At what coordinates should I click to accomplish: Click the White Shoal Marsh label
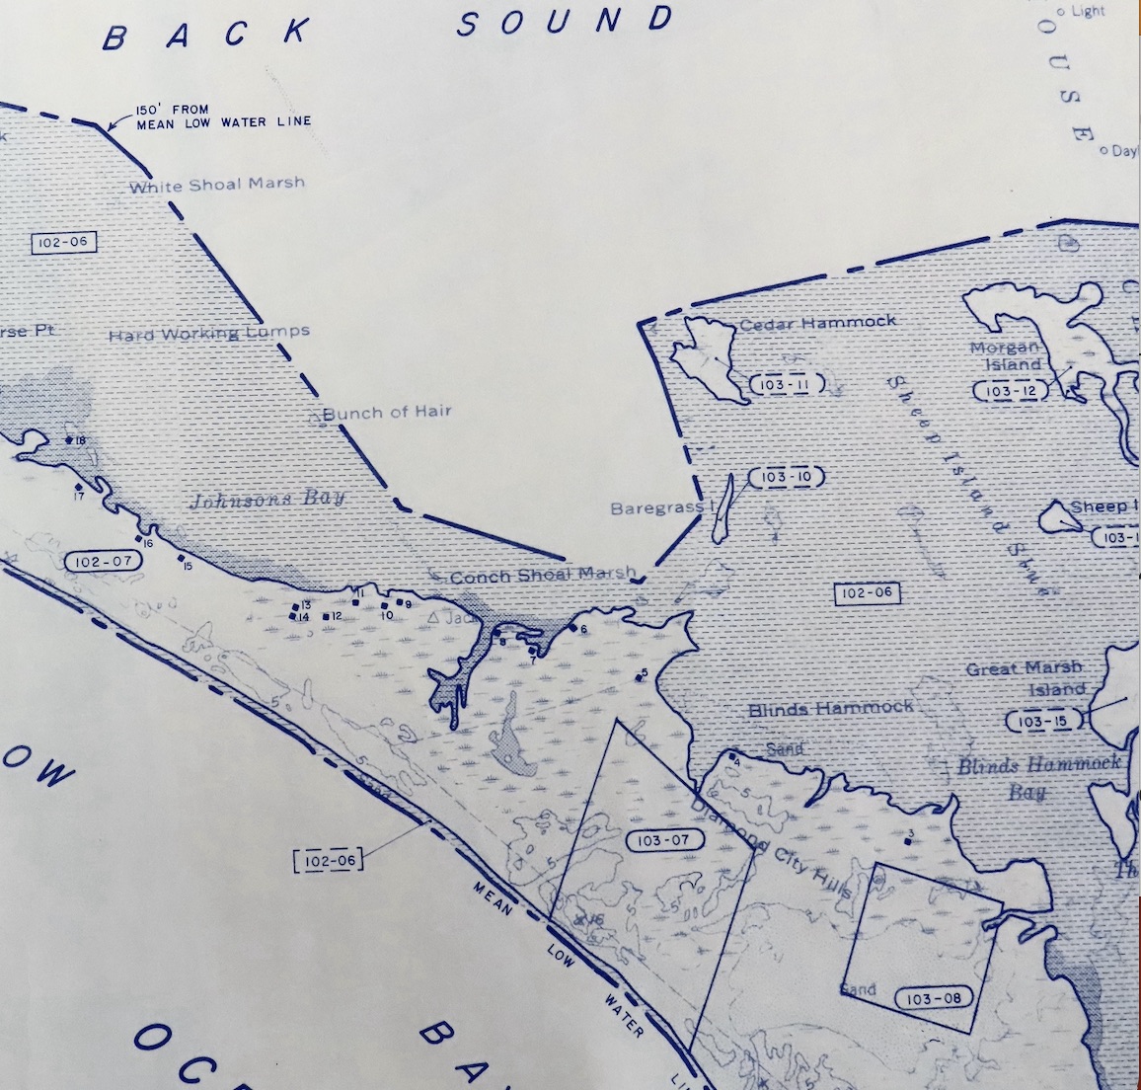pos(217,184)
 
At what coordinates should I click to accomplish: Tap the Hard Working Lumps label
pos(209,334)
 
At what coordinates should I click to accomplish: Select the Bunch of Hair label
pos(387,412)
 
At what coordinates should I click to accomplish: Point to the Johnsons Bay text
pos(266,499)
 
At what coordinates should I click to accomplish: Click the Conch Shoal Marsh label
pos(542,576)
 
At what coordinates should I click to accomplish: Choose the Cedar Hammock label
pos(817,323)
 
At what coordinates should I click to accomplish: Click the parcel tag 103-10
pos(786,478)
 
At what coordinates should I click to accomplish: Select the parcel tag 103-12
pos(1011,391)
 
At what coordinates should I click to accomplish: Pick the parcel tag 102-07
pos(102,561)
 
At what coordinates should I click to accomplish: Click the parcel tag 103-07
pos(664,841)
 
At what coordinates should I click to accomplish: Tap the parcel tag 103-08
pos(933,998)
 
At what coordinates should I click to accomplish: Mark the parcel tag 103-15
pos(1042,722)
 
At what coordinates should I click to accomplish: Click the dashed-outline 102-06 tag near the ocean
pos(329,860)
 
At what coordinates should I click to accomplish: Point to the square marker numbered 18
pos(69,439)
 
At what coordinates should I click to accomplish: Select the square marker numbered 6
pos(572,628)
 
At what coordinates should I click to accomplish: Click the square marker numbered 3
pos(907,842)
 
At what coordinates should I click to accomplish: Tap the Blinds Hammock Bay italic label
pos(1038,777)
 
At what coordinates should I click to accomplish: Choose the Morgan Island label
pos(1006,355)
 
